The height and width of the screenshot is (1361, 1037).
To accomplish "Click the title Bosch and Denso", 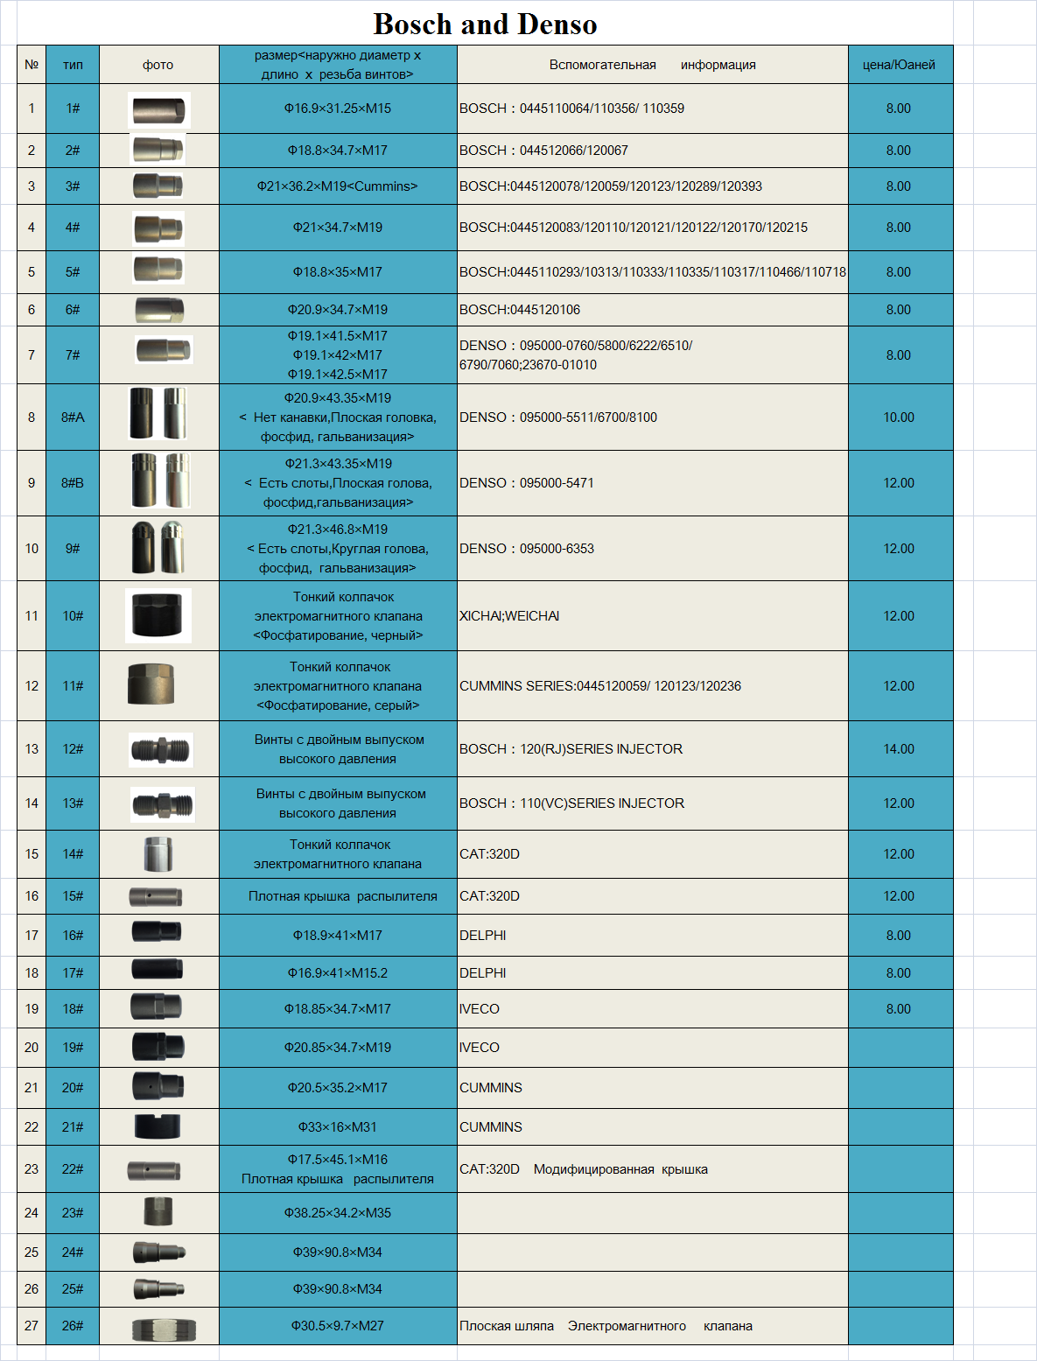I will coord(485,25).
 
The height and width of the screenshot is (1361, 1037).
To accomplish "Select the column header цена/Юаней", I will coord(899,65).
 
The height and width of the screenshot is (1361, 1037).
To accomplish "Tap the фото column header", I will coord(158,65).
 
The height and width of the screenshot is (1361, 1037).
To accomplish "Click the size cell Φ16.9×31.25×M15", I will coord(338,109).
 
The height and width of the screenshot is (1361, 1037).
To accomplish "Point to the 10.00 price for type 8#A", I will coord(899,417).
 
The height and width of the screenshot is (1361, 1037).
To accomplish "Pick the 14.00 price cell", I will coord(899,749).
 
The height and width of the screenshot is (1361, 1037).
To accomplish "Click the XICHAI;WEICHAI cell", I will coord(509,616).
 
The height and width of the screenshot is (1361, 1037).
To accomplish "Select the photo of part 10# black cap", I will coord(158,615).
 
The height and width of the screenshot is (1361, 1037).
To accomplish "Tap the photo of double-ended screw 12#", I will coord(160,749).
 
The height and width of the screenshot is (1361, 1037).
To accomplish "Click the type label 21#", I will coord(73,1127).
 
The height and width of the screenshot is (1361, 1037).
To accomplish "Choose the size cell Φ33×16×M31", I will coord(338,1127).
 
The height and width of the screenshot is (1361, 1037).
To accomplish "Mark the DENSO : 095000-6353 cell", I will coord(527,549).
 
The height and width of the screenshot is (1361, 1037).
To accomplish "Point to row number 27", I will coord(32,1326).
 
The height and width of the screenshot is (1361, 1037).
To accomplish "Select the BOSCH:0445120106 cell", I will coord(520,310).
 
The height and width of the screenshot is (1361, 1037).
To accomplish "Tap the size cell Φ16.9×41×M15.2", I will coord(338,973).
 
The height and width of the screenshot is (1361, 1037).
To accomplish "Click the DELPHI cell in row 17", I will coord(483,936).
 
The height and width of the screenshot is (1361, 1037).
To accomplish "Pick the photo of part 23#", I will coord(158,1212).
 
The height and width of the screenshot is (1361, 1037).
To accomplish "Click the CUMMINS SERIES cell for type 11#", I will coord(600,686).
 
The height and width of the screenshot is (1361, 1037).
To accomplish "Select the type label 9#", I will coord(73,549).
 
